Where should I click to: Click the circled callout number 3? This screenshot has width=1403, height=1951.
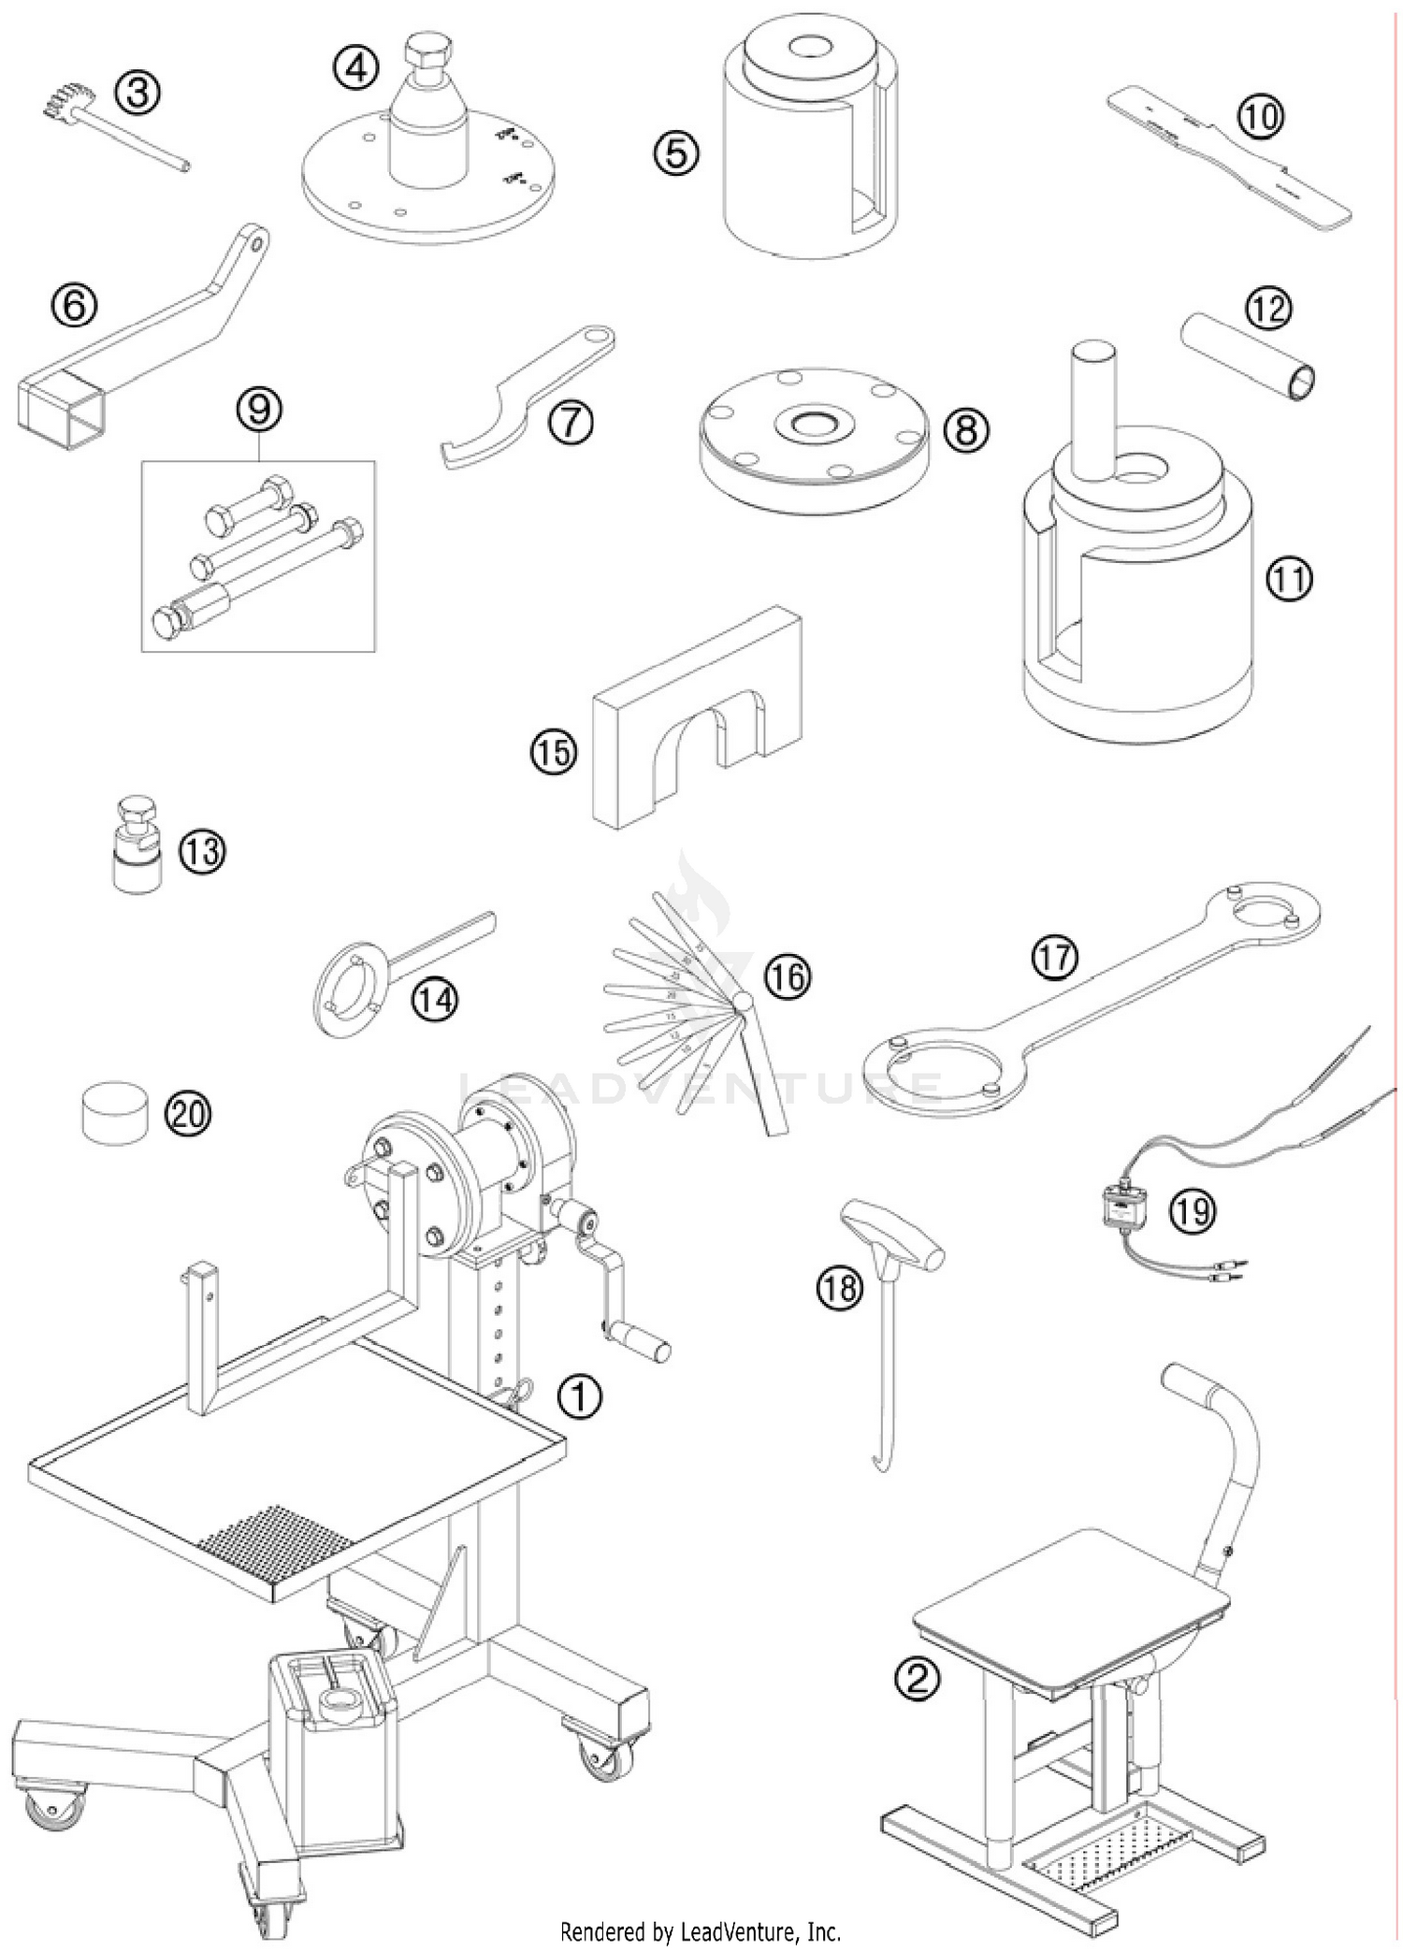click(137, 95)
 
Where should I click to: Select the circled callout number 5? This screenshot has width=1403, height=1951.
click(676, 152)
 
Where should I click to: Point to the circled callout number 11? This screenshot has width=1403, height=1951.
click(1289, 580)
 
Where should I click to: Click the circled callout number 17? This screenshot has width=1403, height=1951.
click(1055, 956)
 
